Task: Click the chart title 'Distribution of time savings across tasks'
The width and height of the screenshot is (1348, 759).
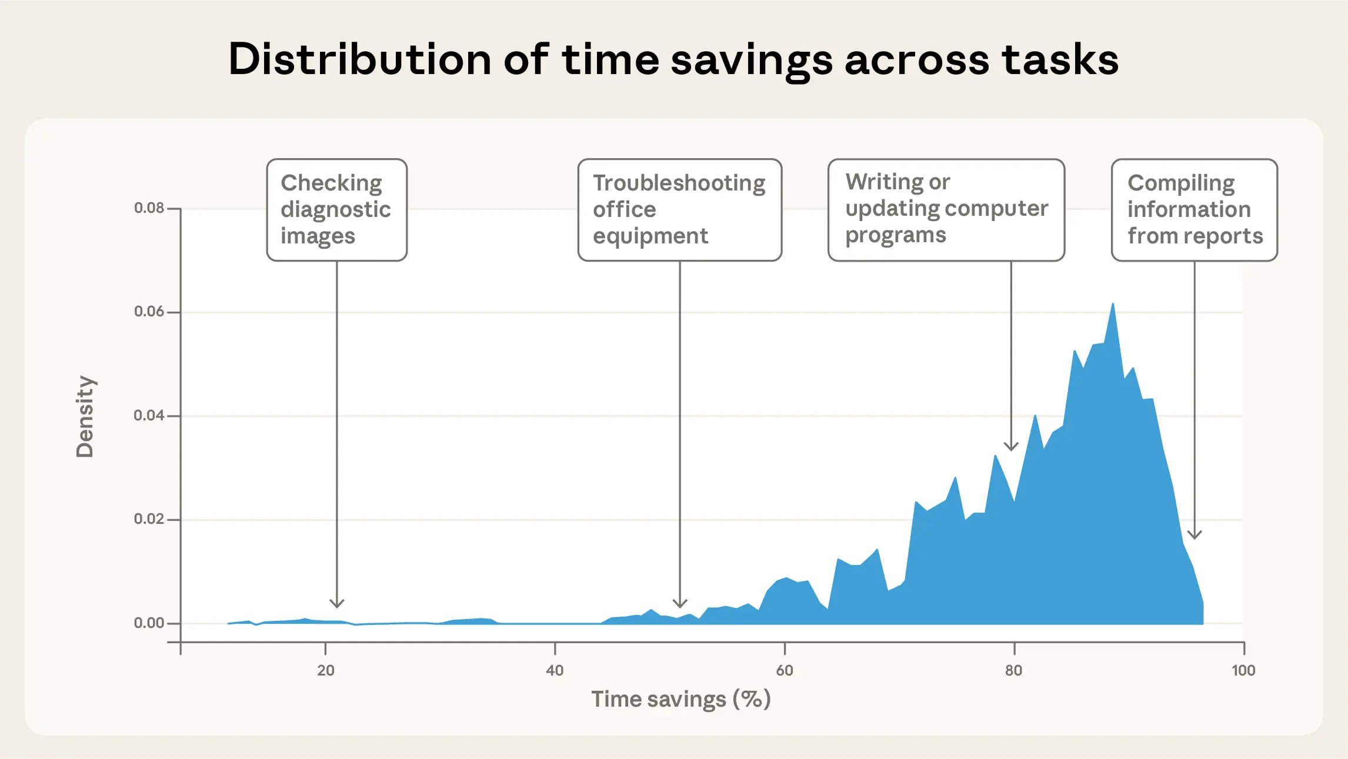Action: (x=673, y=60)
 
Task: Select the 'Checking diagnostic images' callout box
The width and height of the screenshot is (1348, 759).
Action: (x=336, y=209)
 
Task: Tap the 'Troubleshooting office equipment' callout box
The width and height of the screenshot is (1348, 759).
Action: (x=679, y=209)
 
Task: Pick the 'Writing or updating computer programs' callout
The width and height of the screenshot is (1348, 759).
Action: (x=946, y=209)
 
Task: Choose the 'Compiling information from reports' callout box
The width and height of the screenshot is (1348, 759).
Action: (x=1194, y=209)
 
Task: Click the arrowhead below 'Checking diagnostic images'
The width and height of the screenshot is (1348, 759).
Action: (x=336, y=603)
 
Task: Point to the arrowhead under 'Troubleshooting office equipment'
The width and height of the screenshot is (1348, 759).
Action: (x=680, y=603)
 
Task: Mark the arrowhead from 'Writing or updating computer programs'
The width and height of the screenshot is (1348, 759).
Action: (x=1011, y=446)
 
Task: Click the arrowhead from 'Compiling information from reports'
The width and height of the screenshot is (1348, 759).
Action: (x=1194, y=534)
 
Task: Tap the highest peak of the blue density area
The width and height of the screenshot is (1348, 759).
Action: (x=1113, y=305)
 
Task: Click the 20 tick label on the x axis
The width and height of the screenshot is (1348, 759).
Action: (x=325, y=670)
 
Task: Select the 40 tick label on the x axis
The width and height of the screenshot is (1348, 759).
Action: (x=555, y=670)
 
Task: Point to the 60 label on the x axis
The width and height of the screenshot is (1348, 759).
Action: (x=785, y=670)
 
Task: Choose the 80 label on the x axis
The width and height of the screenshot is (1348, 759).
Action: (x=1013, y=670)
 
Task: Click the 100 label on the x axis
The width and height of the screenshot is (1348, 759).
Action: (x=1243, y=670)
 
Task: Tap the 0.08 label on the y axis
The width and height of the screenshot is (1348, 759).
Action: (x=149, y=208)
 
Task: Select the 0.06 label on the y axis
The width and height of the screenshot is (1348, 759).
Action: (x=149, y=312)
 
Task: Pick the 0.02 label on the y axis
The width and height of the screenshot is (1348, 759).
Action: (x=149, y=519)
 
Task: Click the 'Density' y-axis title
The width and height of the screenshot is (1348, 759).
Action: (x=85, y=416)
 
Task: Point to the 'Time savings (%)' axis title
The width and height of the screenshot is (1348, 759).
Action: (x=680, y=699)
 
